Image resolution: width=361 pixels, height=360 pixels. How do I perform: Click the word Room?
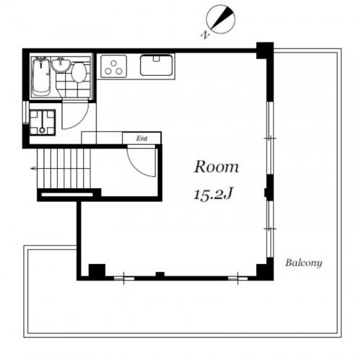click(217, 167)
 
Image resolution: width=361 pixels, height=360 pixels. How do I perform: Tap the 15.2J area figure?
click(213, 193)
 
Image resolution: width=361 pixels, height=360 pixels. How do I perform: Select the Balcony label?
click(304, 263)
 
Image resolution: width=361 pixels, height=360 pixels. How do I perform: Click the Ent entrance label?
click(142, 139)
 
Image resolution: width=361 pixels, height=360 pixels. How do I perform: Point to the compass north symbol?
click(221, 19)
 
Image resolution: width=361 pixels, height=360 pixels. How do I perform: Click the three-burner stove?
click(113, 66)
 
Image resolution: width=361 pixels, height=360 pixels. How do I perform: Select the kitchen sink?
click(157, 65)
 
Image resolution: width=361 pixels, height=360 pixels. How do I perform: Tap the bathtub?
click(41, 77)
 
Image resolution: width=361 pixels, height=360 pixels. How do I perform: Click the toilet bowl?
click(79, 72)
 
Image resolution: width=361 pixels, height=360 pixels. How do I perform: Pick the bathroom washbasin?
click(61, 65)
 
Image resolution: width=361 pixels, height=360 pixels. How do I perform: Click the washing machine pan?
click(43, 123)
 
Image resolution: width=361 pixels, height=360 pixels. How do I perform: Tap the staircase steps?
click(64, 168)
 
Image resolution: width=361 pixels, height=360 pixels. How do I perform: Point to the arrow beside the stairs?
click(34, 169)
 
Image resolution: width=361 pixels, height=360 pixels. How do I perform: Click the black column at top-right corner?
click(265, 51)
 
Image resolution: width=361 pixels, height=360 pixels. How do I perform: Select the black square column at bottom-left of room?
click(97, 271)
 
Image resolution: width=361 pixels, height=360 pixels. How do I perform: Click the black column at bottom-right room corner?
click(265, 269)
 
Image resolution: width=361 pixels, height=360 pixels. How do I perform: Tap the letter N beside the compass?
click(204, 35)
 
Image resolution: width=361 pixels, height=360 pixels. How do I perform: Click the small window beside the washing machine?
click(25, 113)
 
